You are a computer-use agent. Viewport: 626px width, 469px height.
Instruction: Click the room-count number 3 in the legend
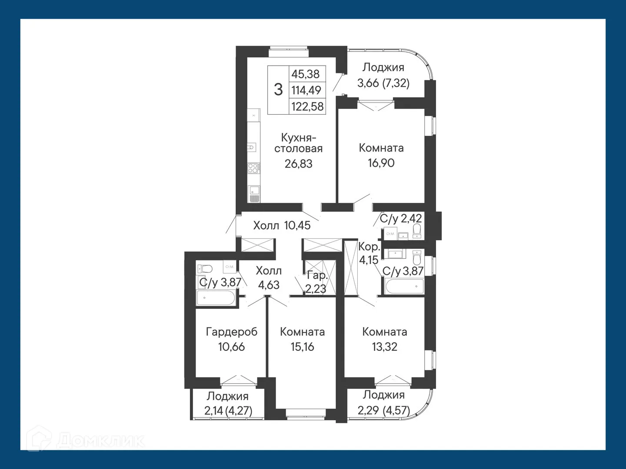278,89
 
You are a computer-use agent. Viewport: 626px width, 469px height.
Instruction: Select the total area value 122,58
307,106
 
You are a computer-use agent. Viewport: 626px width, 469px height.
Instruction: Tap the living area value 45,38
305,74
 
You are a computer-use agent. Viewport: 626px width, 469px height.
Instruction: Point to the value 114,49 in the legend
306,90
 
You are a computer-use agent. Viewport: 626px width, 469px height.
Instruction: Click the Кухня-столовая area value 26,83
299,164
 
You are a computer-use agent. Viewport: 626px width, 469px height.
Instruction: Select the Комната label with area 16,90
381,148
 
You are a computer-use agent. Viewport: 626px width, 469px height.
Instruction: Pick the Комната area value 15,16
302,347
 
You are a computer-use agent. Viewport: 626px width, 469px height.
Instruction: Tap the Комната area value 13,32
384,347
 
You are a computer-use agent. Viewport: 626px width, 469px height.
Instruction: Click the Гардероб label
232,332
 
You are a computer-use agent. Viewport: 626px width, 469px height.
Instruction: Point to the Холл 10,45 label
282,225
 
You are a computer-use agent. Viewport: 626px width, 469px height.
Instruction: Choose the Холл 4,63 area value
269,285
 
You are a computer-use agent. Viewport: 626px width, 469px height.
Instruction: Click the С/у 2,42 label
400,218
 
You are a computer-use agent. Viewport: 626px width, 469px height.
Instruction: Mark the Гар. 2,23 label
316,282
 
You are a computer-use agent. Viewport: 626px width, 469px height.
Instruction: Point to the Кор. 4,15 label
368,254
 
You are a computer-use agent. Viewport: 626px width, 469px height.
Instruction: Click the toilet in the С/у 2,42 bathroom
417,231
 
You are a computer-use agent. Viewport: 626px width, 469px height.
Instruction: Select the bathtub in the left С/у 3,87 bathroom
216,298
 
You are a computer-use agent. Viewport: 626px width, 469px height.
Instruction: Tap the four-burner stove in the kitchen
253,168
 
